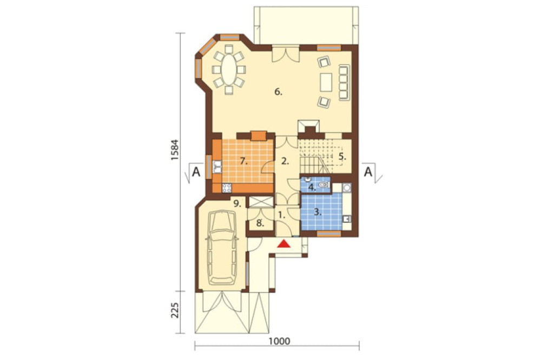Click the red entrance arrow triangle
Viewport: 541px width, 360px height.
click(284, 244)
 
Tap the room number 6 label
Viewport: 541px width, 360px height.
click(279, 92)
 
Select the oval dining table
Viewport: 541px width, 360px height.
click(228, 70)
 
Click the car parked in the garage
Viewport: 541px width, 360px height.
click(222, 247)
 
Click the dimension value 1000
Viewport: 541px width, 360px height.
click(280, 342)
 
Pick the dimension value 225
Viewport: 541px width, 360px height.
click(175, 310)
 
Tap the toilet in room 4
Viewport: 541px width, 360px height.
click(324, 185)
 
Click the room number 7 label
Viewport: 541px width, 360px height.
click(245, 161)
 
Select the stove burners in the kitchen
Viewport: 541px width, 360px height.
click(227, 188)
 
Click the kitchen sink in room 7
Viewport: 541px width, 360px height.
click(217, 166)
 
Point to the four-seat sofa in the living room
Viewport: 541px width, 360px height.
click(344, 82)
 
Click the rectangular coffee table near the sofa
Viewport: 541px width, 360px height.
click(326, 82)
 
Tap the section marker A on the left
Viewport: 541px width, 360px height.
click(196, 172)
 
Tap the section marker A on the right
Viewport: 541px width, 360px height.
click(368, 172)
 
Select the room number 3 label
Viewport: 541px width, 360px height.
click(318, 212)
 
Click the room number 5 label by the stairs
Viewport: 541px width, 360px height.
click(342, 156)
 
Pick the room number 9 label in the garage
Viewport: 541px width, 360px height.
click(237, 203)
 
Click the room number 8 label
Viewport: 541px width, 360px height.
click(260, 223)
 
